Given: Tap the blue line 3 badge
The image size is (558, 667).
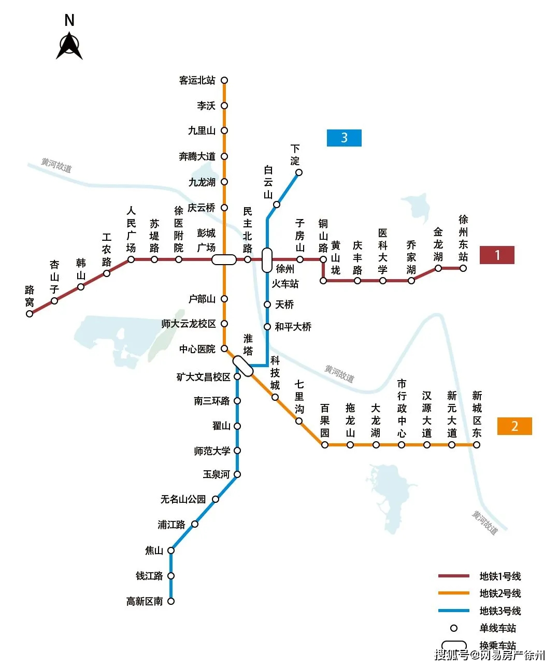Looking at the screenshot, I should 344,138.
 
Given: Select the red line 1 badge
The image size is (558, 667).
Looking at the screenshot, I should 497,255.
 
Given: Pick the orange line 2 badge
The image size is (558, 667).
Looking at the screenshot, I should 514,426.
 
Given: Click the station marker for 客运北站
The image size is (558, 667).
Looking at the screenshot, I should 224,80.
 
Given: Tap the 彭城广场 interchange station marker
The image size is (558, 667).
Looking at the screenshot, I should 224,259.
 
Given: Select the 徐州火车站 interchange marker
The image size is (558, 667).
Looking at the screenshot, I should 267,260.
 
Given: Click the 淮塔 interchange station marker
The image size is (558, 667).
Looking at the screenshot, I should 242,366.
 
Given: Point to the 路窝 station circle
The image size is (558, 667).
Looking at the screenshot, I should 30,313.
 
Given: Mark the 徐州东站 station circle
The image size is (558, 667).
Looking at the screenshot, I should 463,268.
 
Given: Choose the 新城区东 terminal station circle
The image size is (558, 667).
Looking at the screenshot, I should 477,445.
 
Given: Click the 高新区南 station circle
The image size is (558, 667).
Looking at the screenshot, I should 171,601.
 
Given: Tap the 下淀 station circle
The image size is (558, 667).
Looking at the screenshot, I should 299,172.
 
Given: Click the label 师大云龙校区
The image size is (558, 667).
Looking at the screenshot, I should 189,324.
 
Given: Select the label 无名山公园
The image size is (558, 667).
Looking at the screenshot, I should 183,499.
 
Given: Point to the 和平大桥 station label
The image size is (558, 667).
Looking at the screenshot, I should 293,327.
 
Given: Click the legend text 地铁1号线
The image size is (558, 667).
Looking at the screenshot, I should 500,576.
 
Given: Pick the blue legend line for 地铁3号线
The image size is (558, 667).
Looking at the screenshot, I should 454,611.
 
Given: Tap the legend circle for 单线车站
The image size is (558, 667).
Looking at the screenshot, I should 454,628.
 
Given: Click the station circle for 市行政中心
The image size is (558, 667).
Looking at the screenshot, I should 402,445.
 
